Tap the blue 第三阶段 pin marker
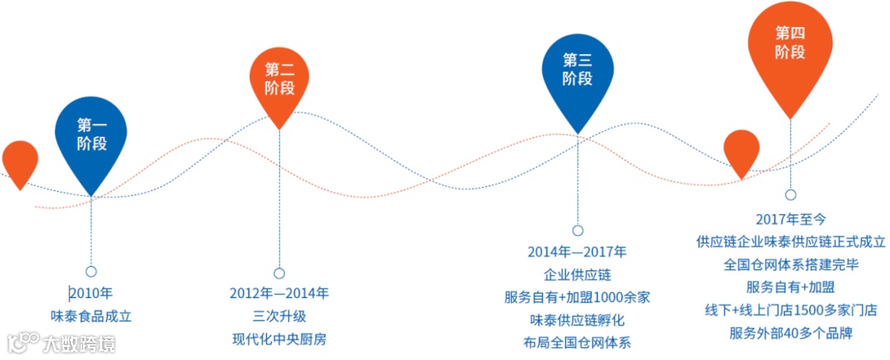(578, 70)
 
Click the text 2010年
(91, 292)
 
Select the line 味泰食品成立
(91, 316)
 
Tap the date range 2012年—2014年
(279, 292)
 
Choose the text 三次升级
(279, 316)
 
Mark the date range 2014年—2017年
(577, 251)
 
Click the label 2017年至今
(790, 219)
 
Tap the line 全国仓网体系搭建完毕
(790, 265)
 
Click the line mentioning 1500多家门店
(790, 311)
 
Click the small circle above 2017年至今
(790, 195)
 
